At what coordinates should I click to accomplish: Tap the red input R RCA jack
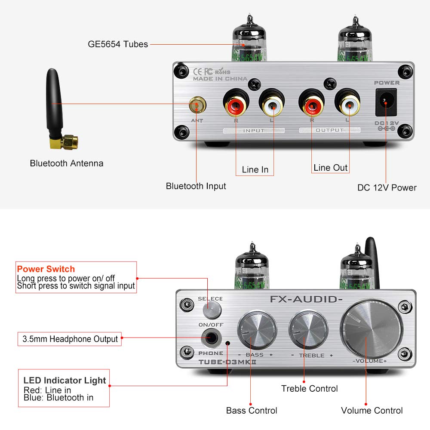point(235,103)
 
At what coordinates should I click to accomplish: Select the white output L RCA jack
point(347,103)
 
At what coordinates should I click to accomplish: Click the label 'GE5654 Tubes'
point(118,44)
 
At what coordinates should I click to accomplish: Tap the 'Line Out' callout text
point(330,168)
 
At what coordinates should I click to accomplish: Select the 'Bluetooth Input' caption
point(196,186)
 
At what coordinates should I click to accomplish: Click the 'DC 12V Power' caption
point(387,187)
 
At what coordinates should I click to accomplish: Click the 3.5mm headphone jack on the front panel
point(211,339)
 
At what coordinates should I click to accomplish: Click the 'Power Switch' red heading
point(46,269)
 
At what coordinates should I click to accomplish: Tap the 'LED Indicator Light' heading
point(64,381)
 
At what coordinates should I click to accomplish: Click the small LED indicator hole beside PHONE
point(227,343)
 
